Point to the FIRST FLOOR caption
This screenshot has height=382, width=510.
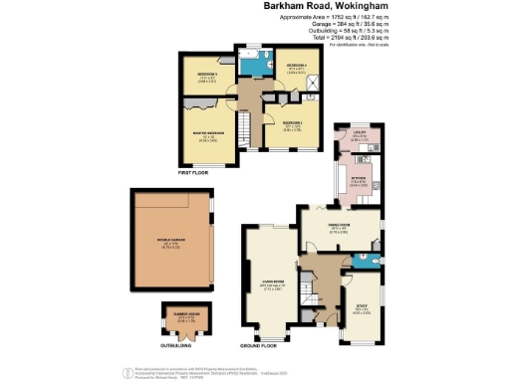(194, 172)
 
